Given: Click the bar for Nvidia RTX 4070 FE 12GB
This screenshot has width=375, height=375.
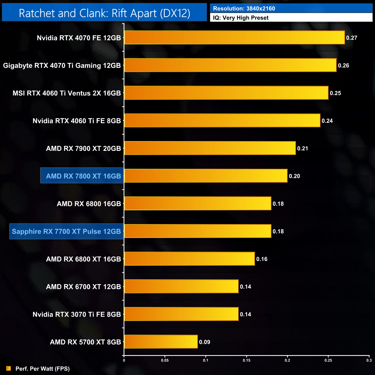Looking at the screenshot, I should pyautogui.click(x=234, y=37).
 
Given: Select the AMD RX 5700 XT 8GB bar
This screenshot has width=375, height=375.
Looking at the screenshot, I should pyautogui.click(x=161, y=342).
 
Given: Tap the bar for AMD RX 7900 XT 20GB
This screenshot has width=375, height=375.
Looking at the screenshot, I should pyautogui.click(x=210, y=148).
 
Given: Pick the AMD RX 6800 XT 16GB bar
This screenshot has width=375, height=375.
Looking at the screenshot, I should pyautogui.click(x=190, y=259).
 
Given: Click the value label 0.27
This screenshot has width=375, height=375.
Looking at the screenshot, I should pyautogui.click(x=352, y=38).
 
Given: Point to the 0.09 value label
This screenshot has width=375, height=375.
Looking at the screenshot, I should pyautogui.click(x=205, y=342).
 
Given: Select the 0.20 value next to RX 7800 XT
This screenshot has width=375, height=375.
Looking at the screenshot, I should pyautogui.click(x=294, y=176).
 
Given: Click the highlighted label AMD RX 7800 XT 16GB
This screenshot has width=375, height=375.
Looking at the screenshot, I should pyautogui.click(x=83, y=176).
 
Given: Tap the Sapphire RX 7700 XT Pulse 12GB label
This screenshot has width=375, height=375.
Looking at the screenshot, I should pyautogui.click(x=66, y=231).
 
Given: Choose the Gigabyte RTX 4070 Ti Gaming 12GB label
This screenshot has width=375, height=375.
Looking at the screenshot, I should pyautogui.click(x=62, y=65).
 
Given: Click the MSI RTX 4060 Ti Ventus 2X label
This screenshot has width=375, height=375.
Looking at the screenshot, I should pyautogui.click(x=67, y=93).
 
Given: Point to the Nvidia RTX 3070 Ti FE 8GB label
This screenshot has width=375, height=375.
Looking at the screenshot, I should pyautogui.click(x=77, y=314).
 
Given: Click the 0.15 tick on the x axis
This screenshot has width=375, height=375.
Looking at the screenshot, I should pyautogui.click(x=246, y=360).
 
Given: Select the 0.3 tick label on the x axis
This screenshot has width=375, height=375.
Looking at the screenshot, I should pyautogui.click(x=369, y=360).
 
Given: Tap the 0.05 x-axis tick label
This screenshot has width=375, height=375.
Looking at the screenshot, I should pyautogui.click(x=165, y=360).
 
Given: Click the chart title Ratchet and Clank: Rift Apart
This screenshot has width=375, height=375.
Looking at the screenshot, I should pyautogui.click(x=104, y=13).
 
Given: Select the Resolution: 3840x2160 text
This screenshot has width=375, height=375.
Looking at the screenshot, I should pyautogui.click(x=244, y=9).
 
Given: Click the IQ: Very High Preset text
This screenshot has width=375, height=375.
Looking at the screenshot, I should pyautogui.click(x=241, y=18).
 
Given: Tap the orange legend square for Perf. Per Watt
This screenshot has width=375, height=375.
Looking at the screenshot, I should pyautogui.click(x=9, y=368).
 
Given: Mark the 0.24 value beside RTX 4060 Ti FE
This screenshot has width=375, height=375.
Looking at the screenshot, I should pyautogui.click(x=327, y=121).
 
